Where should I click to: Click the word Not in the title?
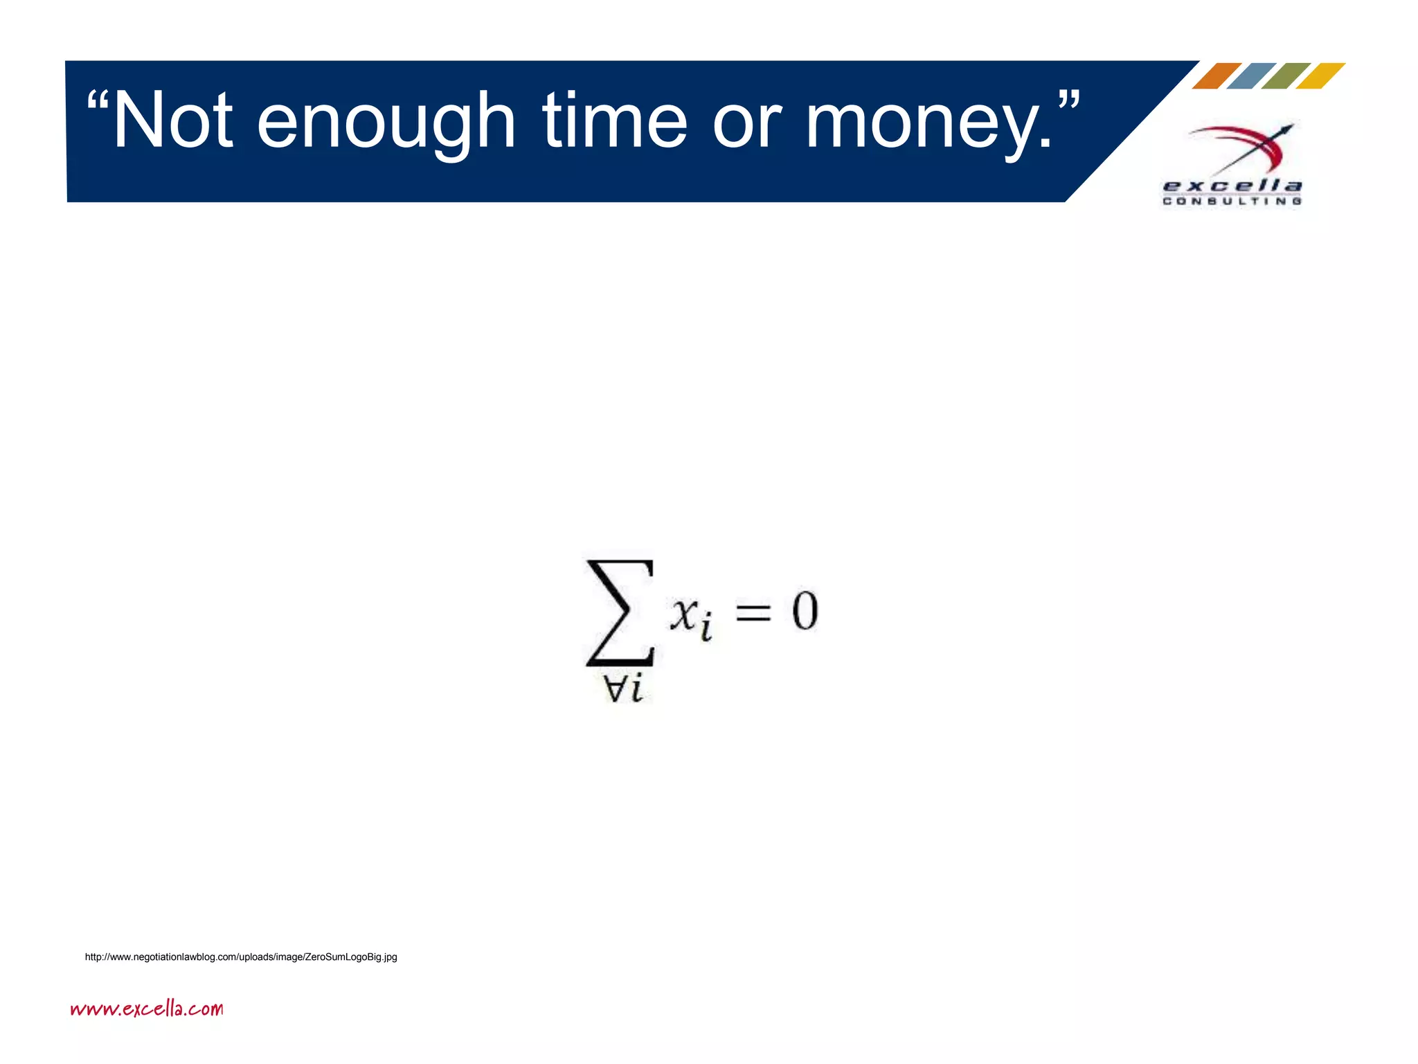(173, 121)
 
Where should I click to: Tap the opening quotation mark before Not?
(98, 104)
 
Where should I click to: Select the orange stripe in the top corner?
(1217, 76)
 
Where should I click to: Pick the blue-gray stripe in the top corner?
(1251, 76)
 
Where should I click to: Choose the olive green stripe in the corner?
(1286, 76)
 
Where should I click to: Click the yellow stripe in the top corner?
(1320, 76)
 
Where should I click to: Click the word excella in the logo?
(1232, 186)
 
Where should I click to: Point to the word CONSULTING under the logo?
(1232, 202)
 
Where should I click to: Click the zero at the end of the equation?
(805, 612)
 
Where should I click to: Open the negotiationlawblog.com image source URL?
(241, 957)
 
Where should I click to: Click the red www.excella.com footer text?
(147, 1009)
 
